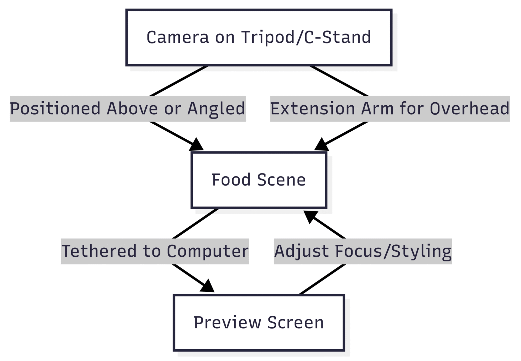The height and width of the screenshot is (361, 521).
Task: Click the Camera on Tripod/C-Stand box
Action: [x=259, y=37]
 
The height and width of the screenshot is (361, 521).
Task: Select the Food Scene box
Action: [x=259, y=180]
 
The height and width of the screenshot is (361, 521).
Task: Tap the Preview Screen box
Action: [x=259, y=323]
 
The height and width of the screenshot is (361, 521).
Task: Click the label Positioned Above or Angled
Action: [x=128, y=109]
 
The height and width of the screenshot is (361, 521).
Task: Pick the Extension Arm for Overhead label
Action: [x=390, y=109]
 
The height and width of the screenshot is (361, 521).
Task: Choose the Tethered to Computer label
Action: [x=155, y=251]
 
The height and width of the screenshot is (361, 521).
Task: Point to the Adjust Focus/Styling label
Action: [x=363, y=251]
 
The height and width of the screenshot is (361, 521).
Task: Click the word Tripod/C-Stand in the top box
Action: [x=306, y=37]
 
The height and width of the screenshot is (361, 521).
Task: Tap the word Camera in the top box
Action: [x=177, y=37]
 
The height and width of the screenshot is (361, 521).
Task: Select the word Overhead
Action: [x=469, y=109]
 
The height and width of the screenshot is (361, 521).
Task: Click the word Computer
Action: [x=208, y=251]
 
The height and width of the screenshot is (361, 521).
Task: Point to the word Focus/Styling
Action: [x=393, y=251]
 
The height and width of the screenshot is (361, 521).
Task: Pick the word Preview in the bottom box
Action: [x=227, y=323]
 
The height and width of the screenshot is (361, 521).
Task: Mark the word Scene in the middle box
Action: [x=281, y=180]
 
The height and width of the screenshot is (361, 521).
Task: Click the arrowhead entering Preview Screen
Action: [x=207, y=286]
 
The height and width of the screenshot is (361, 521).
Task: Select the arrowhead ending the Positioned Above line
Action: [x=197, y=144]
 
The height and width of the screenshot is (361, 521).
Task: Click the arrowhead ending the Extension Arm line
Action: [x=321, y=144]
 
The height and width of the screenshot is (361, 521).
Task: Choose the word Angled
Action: [x=216, y=109]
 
